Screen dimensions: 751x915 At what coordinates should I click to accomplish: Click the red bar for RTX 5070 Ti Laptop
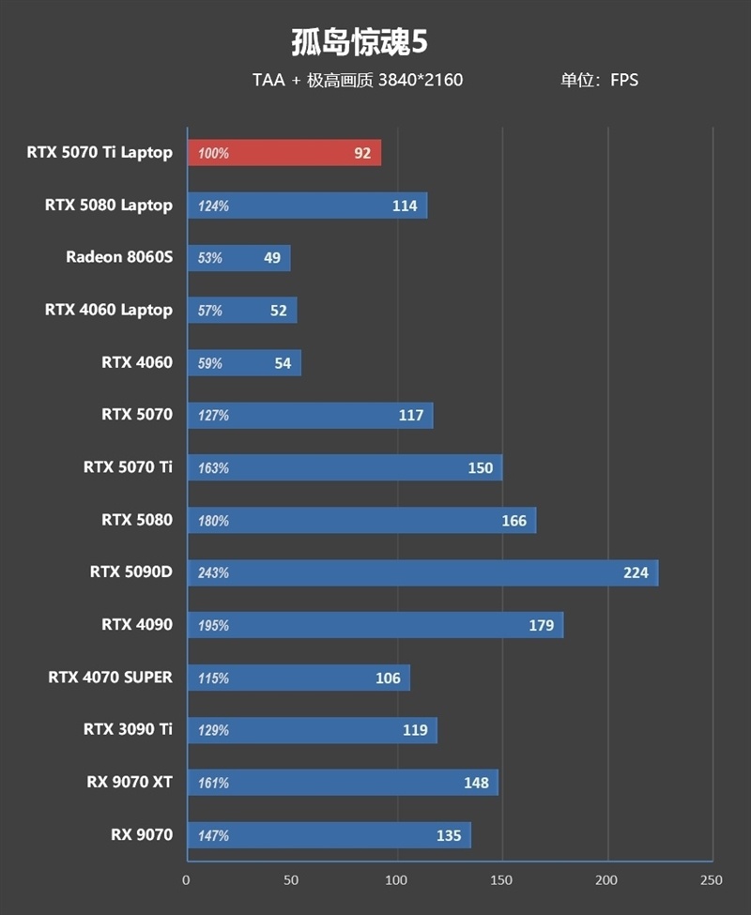point(284,153)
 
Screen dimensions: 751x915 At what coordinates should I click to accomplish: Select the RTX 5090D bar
point(423,572)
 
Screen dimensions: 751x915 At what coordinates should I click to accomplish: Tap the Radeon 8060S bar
point(239,258)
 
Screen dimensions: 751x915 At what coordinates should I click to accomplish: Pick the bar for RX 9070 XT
point(344,783)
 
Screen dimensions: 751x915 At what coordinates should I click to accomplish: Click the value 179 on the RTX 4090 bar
point(541,626)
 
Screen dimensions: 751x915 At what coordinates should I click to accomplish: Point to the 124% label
point(213,206)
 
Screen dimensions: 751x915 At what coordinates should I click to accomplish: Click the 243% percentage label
point(213,573)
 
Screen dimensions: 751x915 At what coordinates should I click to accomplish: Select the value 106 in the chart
point(388,679)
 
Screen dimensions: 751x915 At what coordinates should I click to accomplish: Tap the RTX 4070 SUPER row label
point(110,677)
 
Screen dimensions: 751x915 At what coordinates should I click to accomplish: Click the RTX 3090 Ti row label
point(128,729)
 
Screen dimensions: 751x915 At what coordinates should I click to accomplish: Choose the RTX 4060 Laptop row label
point(109,310)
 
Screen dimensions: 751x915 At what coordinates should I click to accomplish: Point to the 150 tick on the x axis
point(502,880)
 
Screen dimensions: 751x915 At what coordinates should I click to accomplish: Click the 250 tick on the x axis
point(712,880)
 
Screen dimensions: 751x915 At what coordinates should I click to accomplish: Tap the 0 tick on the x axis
point(186,880)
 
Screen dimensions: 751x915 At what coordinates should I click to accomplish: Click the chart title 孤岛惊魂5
point(360,42)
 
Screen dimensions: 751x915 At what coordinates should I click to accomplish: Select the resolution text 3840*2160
point(421,80)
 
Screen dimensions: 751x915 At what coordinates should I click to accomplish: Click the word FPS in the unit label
point(624,80)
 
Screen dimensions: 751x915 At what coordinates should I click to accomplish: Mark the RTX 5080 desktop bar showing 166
point(361,521)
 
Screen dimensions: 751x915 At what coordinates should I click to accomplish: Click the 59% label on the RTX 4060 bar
point(210,363)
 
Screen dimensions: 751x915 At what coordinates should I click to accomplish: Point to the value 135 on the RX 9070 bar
point(449,835)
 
